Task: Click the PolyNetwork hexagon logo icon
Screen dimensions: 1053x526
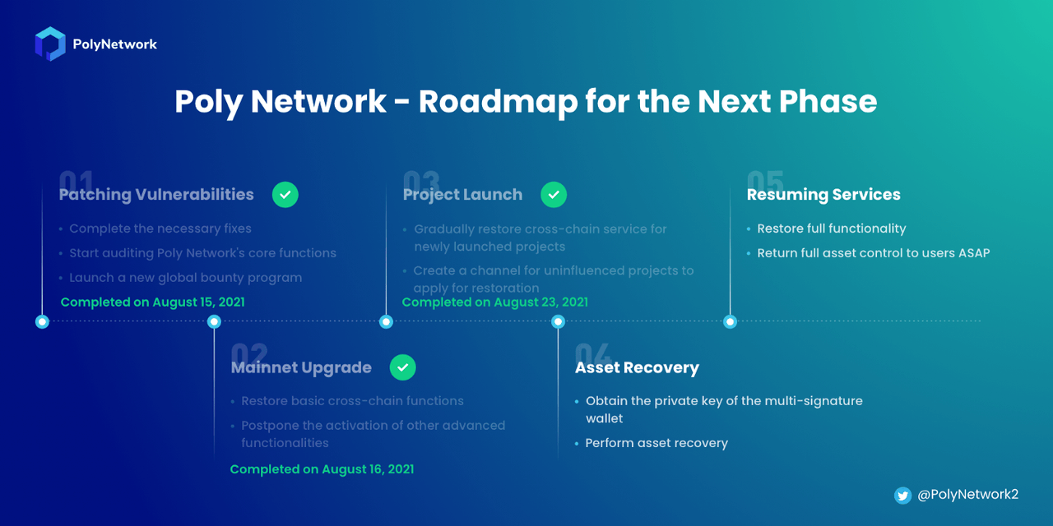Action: click(x=50, y=44)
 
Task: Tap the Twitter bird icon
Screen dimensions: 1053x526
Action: click(x=902, y=495)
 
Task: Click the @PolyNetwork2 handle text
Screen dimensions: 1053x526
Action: click(x=968, y=495)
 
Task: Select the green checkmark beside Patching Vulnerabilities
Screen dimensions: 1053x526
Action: click(x=285, y=195)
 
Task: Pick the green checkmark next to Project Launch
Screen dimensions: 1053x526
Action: click(x=554, y=195)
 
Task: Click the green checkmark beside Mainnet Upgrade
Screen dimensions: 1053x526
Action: click(x=402, y=367)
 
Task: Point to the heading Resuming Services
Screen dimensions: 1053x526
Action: click(x=823, y=195)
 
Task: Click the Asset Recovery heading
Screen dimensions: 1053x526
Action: click(x=637, y=367)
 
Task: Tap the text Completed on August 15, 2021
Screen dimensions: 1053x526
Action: click(x=153, y=302)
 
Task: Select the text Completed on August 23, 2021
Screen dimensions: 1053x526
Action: click(x=495, y=302)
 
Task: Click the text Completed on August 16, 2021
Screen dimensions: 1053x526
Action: click(x=322, y=469)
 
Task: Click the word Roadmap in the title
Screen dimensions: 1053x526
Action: click(x=498, y=102)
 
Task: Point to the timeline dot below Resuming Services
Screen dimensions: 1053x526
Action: click(x=730, y=321)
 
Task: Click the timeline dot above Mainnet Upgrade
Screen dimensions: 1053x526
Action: click(x=214, y=321)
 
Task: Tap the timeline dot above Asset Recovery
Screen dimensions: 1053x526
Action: click(x=558, y=321)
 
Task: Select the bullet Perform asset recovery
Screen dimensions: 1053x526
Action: click(x=656, y=443)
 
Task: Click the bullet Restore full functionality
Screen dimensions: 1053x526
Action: click(x=831, y=228)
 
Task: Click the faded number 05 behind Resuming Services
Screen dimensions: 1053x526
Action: click(x=765, y=181)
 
